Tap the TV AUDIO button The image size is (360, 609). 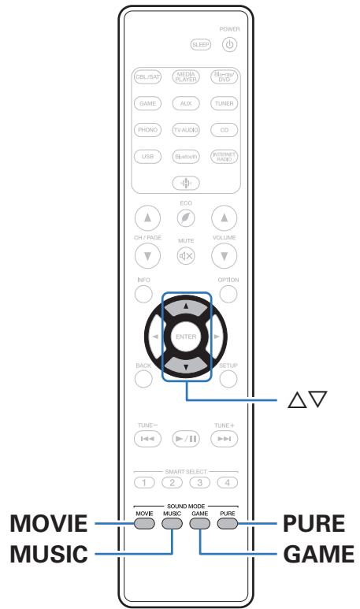click(x=186, y=130)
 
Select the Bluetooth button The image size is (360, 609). click(x=186, y=156)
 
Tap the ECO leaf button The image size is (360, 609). click(x=186, y=216)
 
